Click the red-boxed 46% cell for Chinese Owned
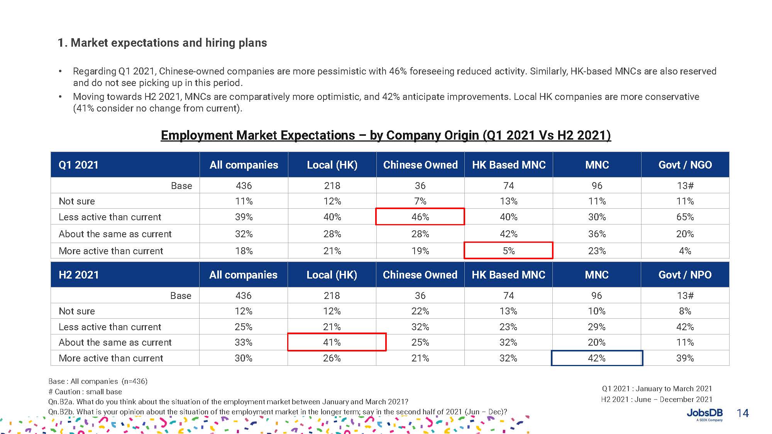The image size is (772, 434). (420, 217)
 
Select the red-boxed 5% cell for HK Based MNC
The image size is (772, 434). (508, 251)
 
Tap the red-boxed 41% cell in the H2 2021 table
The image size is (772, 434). (332, 342)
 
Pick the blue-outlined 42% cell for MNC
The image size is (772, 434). (596, 358)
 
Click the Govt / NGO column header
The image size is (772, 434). (685, 165)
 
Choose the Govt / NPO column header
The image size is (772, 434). (685, 275)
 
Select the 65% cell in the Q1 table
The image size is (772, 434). (685, 217)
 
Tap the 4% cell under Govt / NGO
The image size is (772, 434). (685, 251)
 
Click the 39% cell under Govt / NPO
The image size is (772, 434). (685, 358)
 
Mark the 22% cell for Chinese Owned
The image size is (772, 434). (420, 311)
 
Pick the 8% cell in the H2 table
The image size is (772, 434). (685, 311)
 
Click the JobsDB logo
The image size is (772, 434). (704, 414)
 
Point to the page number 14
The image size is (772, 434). (743, 413)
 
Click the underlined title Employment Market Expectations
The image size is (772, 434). (386, 135)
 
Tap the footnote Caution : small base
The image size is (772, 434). (85, 392)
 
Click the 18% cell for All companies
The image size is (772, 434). (244, 251)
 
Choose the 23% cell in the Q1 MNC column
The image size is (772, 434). (597, 251)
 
